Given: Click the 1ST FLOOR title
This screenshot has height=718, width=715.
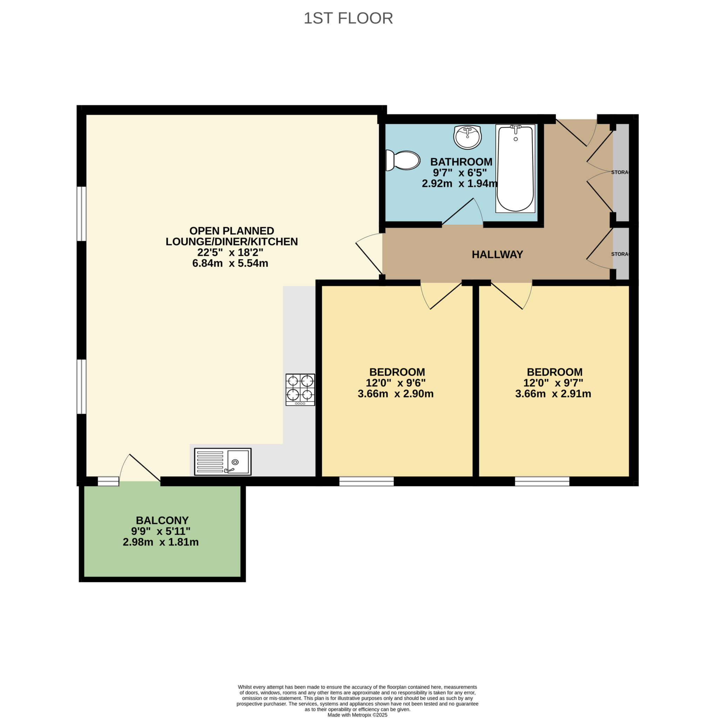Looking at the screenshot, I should click(348, 18).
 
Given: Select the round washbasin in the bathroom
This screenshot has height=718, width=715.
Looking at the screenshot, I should click(467, 137).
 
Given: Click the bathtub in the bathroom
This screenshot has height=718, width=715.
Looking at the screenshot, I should click(515, 168).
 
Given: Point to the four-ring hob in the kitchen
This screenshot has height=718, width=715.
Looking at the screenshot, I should click(300, 389).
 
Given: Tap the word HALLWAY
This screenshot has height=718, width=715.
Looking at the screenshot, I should click(497, 255).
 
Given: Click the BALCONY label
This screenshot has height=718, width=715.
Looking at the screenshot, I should click(162, 520).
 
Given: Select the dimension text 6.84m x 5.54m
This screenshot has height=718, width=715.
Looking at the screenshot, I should click(230, 264).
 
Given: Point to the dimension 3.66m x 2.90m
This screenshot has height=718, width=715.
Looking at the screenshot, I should click(396, 394).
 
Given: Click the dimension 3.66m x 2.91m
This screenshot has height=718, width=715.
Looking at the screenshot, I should click(553, 394).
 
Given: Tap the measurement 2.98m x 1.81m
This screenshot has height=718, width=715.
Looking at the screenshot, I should click(161, 542).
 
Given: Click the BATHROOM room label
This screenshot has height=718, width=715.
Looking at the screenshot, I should click(461, 162).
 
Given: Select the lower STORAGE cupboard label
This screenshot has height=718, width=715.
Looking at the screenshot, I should click(620, 254).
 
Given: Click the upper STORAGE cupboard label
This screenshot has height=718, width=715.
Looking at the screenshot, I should click(620, 172).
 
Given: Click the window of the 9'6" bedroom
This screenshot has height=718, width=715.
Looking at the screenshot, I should click(366, 482).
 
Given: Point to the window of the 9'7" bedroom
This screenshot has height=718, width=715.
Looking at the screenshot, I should click(542, 482).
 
